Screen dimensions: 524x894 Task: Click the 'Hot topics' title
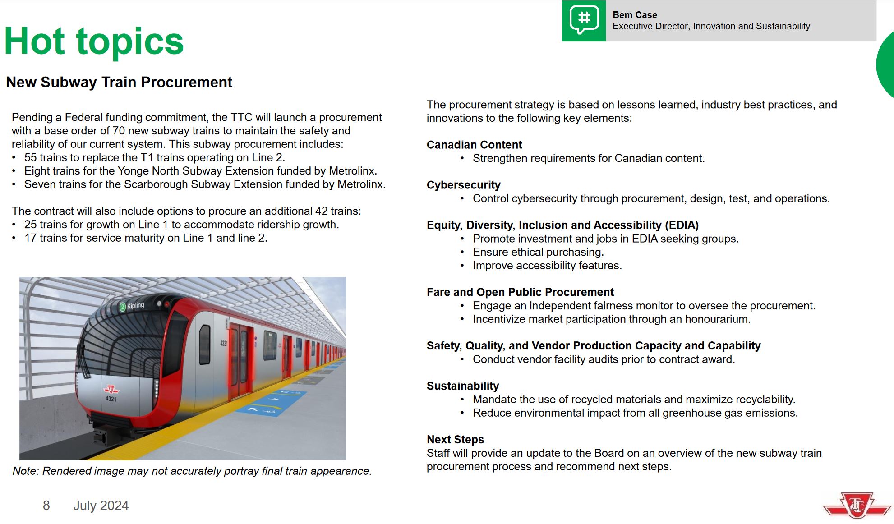click(94, 41)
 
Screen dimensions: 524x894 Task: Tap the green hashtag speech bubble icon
click(584, 20)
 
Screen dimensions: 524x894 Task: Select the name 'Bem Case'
click(634, 15)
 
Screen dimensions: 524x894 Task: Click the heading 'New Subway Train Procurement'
click(119, 83)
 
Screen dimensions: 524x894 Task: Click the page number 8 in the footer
click(46, 506)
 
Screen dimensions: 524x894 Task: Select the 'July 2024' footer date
click(101, 506)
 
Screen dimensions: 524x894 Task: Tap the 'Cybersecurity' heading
click(463, 185)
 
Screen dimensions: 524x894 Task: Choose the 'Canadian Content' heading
click(474, 145)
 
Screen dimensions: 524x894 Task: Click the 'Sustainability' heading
click(462, 386)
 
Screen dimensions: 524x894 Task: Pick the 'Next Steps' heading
click(455, 440)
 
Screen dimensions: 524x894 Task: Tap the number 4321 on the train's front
click(111, 399)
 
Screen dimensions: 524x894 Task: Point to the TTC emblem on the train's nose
click(111, 389)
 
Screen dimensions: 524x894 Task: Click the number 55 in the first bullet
click(30, 157)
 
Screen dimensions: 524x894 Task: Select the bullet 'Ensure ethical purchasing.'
click(538, 252)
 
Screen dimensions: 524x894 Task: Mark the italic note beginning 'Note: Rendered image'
click(192, 471)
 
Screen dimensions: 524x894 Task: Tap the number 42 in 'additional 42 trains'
click(321, 211)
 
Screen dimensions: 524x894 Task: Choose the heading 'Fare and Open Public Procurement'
click(520, 292)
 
